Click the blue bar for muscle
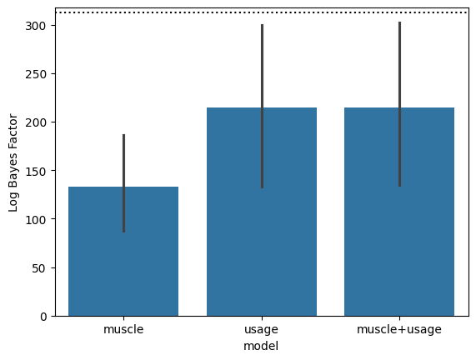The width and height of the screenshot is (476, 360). tap(123, 252)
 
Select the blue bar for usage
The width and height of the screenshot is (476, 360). tap(262, 212)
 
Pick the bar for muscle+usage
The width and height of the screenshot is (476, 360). tap(399, 212)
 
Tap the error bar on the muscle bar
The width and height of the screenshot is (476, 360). tap(124, 183)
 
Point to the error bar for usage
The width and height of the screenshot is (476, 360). tap(262, 106)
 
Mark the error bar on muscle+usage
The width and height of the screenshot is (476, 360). tap(399, 104)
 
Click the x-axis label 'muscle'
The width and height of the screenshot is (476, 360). tap(123, 329)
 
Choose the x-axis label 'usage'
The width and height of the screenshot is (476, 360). tap(262, 330)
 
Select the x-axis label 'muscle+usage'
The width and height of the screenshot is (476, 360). tap(399, 330)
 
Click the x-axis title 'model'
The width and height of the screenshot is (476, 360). tap(261, 346)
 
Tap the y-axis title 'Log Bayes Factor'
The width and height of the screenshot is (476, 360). tap(13, 162)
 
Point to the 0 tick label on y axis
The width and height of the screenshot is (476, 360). tap(43, 317)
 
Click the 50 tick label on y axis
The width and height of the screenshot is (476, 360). tap(40, 268)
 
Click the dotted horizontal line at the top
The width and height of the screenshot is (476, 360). tap(263, 12)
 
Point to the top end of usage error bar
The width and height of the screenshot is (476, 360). tap(262, 24)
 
